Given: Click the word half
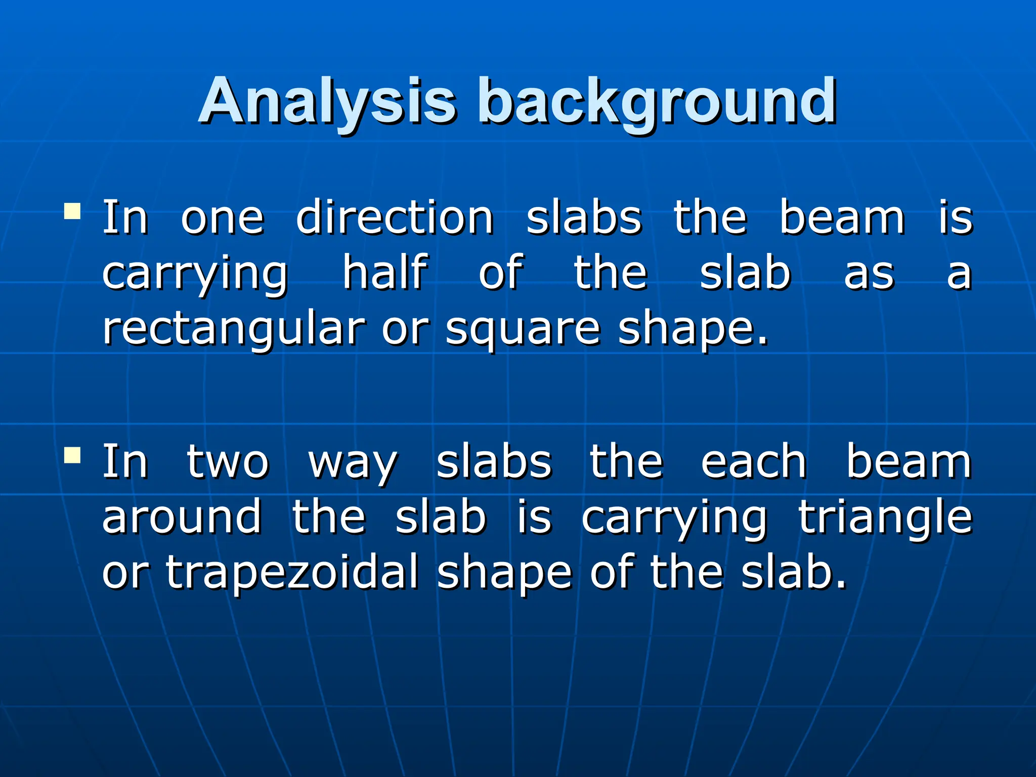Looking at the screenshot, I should coord(385,273).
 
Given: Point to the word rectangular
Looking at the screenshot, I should coord(234,329).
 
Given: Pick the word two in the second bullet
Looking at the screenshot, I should coord(228,462).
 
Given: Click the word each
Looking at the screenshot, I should coord(753,461).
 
